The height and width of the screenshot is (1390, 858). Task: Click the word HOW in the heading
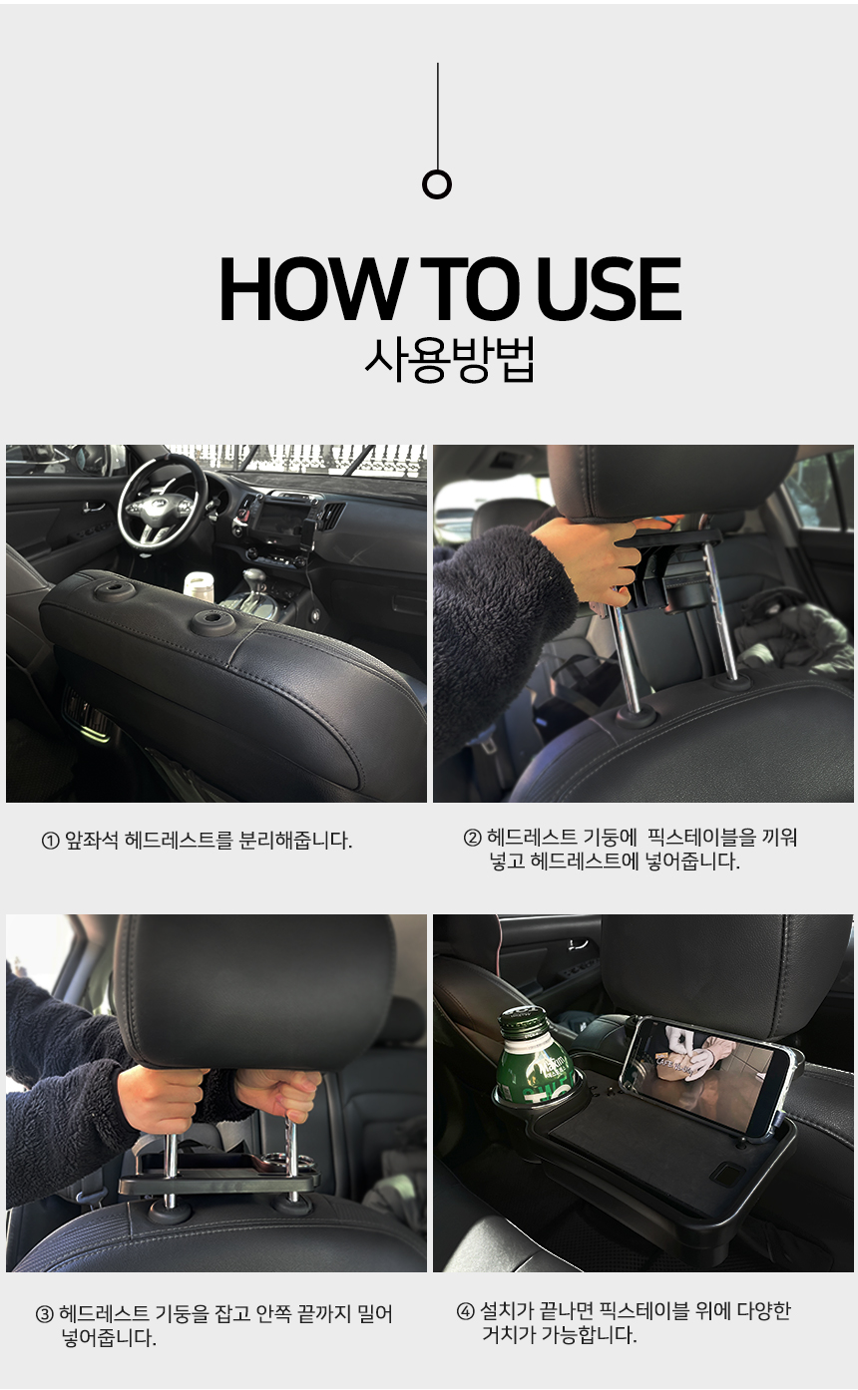tap(311, 290)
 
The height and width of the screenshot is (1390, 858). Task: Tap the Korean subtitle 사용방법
tap(450, 360)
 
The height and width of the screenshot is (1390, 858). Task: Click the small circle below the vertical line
tap(437, 184)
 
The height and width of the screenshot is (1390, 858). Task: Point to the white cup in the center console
tap(199, 585)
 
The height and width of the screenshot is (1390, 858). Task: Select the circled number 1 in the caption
tap(50, 842)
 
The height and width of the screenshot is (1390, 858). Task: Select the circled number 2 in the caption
tap(473, 838)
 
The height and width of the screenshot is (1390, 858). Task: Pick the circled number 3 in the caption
tap(44, 1314)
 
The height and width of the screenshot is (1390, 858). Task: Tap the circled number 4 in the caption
tap(465, 1311)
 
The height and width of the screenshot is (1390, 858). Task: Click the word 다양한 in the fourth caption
tap(763, 1311)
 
